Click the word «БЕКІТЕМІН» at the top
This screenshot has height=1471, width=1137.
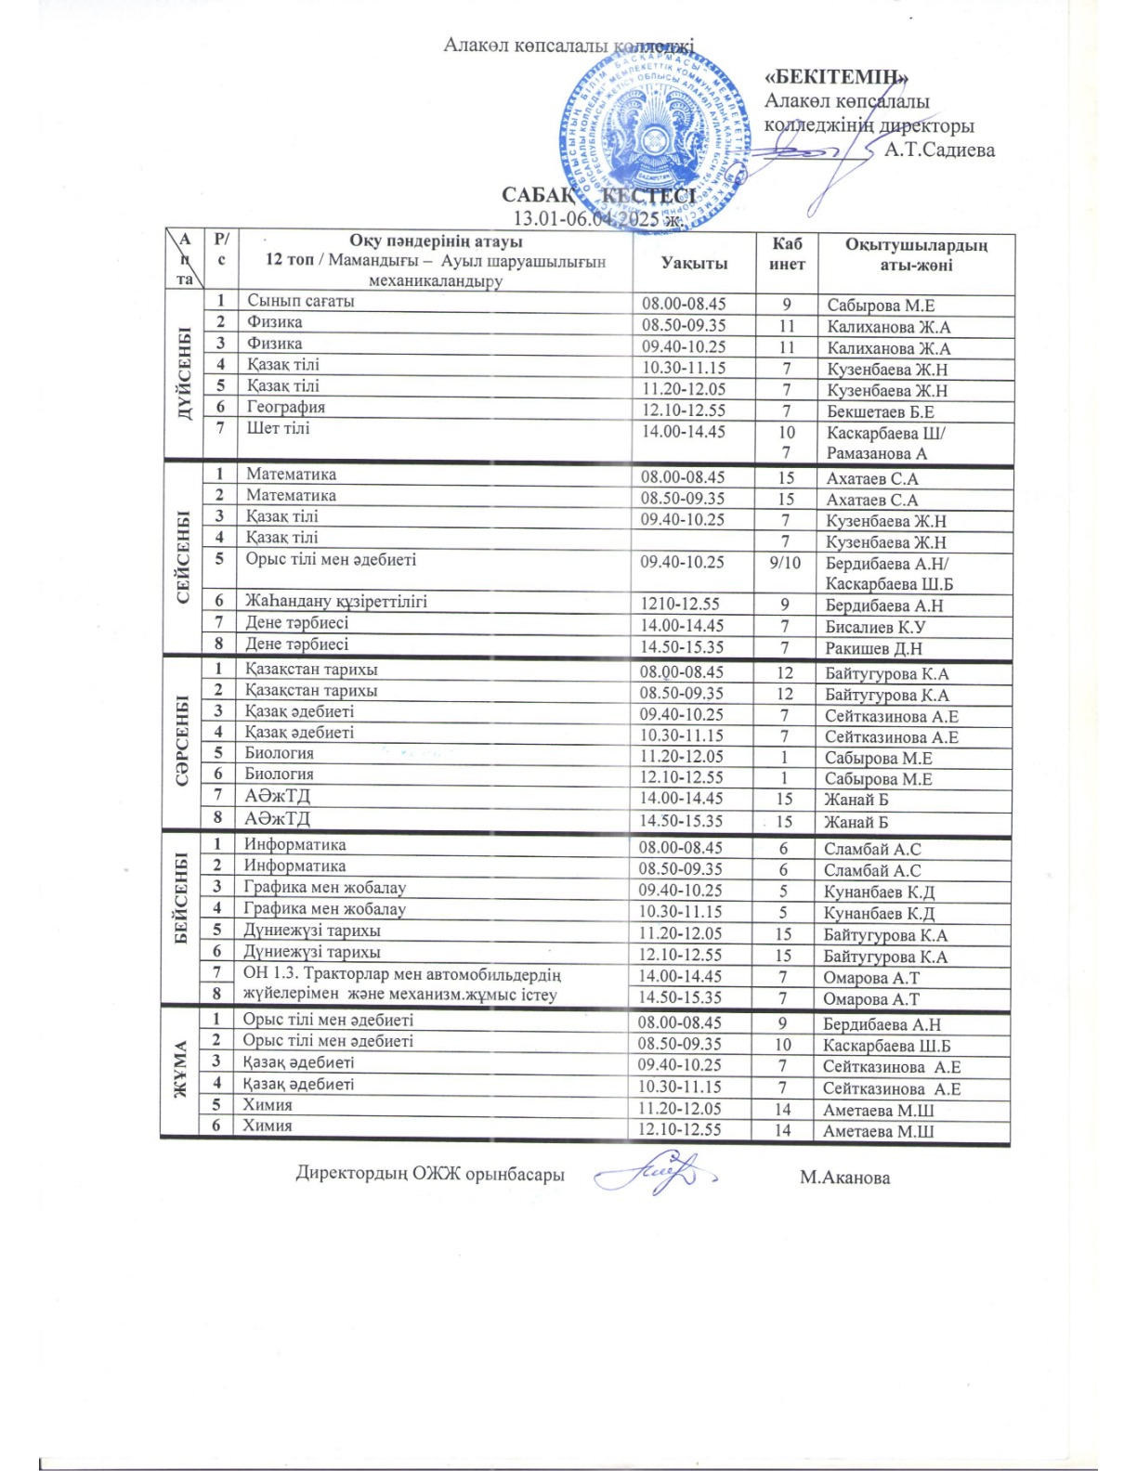(836, 77)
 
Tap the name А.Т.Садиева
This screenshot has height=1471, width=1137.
(939, 150)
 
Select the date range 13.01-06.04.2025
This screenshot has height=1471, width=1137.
(598, 219)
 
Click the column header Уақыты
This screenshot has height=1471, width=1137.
(694, 263)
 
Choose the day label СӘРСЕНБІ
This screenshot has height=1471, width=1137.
(182, 740)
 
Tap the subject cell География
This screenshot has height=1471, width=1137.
(286, 407)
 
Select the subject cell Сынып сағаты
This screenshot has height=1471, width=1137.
(300, 301)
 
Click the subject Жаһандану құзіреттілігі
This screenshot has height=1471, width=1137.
(336, 601)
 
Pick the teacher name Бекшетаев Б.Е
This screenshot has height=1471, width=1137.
(881, 411)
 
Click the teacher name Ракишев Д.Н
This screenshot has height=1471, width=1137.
(873, 648)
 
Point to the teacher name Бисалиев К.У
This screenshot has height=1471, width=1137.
(875, 627)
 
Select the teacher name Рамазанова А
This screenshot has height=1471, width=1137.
(877, 454)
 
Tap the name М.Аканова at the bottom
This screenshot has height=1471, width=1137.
(844, 1178)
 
